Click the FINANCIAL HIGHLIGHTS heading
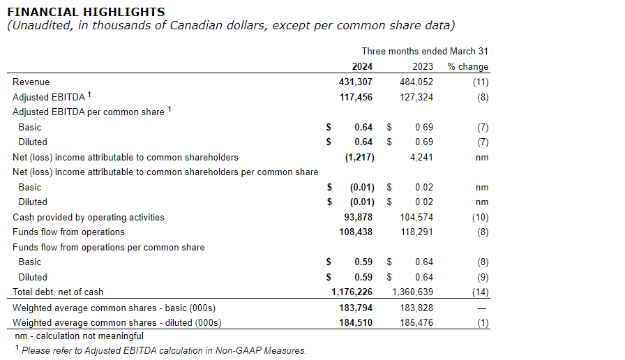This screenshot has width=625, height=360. click(x=86, y=12)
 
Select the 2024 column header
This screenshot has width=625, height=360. click(x=362, y=67)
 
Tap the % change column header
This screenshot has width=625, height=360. click(x=468, y=67)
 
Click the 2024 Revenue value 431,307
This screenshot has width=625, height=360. click(x=355, y=82)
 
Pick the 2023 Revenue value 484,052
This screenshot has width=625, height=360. click(x=416, y=82)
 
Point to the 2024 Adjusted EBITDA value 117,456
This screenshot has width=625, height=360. click(x=355, y=97)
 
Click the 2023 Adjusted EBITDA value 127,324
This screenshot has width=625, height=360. click(x=416, y=97)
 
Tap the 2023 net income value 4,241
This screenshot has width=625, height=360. click(x=421, y=157)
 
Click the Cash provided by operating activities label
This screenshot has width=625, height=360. click(x=89, y=217)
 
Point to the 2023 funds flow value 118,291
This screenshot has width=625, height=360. click(x=416, y=232)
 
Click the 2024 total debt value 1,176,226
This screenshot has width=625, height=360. click(x=352, y=292)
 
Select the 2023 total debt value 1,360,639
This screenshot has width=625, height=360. click(x=412, y=292)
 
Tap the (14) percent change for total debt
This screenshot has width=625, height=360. click(x=480, y=292)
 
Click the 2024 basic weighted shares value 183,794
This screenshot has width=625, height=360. click(x=355, y=308)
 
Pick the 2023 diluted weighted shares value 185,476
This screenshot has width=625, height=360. click(x=416, y=322)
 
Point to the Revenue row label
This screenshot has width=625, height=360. click(x=31, y=82)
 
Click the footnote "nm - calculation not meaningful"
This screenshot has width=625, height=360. click(x=80, y=336)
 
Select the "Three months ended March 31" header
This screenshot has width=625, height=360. click(x=425, y=52)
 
